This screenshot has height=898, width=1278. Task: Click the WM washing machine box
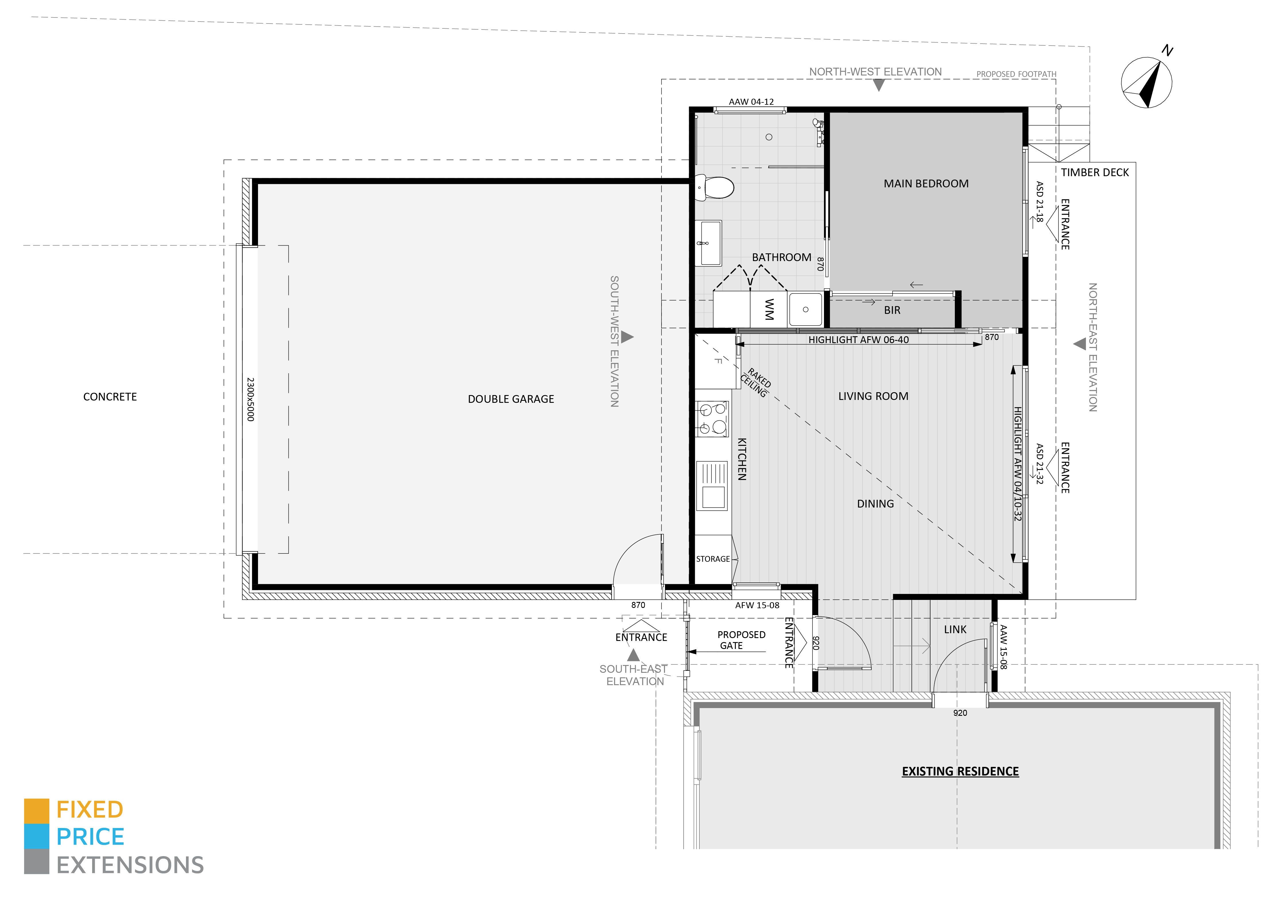click(x=769, y=309)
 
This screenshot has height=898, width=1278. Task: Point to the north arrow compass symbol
click(x=1147, y=82)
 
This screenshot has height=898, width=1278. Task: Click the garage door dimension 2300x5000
click(x=251, y=399)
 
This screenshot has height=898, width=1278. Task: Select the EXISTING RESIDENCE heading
click(x=960, y=771)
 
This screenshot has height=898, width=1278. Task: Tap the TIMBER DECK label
click(x=1094, y=172)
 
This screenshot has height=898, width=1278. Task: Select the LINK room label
click(x=955, y=629)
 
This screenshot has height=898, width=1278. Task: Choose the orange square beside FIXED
click(x=36, y=811)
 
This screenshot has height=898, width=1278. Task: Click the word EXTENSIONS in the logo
click(x=130, y=865)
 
